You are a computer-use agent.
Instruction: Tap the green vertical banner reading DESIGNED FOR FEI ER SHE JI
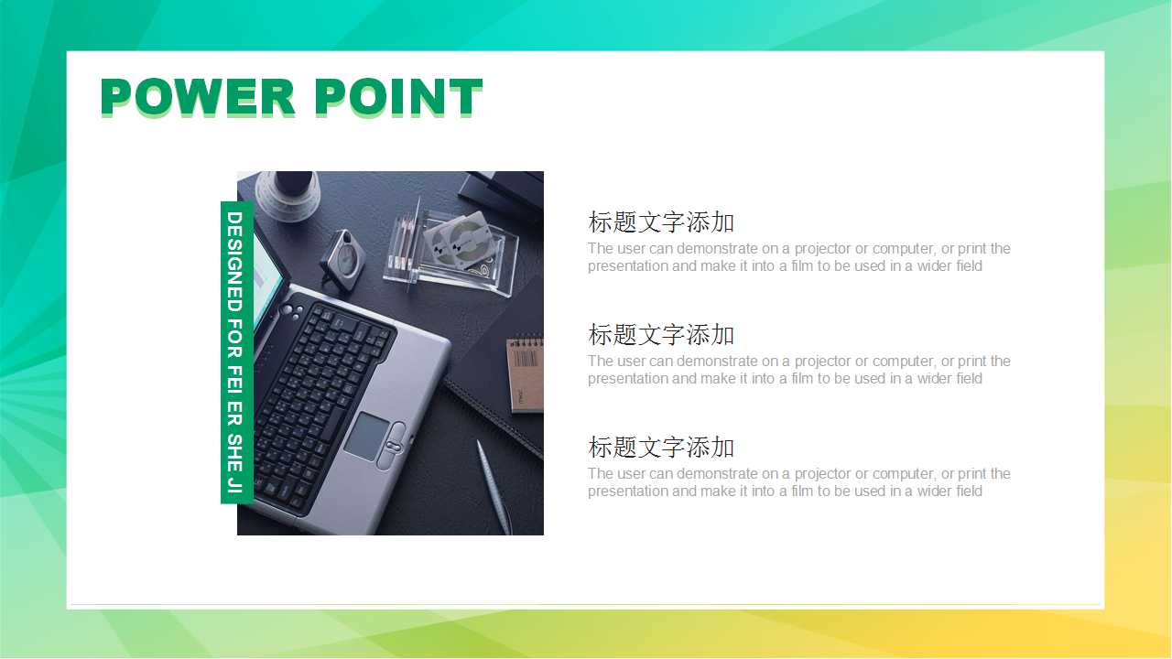(235, 352)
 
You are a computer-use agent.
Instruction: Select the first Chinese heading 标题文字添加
(661, 222)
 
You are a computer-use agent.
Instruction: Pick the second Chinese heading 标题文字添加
(661, 335)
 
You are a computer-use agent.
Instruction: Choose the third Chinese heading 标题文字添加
(661, 448)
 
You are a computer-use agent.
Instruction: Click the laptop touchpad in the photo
(366, 436)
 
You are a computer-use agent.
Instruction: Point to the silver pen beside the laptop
(493, 485)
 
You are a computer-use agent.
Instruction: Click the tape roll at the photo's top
(287, 194)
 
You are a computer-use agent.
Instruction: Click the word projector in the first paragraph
(822, 249)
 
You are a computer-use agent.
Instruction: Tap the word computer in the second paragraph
(903, 362)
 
